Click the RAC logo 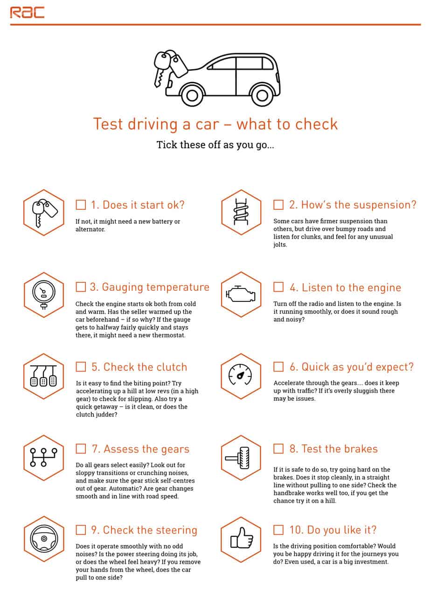click(27, 12)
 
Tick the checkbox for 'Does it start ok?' click(81, 205)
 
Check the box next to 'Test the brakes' click(278, 449)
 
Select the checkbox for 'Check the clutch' click(81, 367)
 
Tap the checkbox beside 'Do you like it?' click(278, 530)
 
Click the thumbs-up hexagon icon click(241, 539)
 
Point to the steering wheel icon click(43, 539)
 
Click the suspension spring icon click(241, 212)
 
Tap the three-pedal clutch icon click(43, 376)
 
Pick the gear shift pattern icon click(43, 458)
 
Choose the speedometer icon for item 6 click(241, 376)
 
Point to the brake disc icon click(241, 458)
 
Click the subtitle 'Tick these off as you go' click(215, 145)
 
